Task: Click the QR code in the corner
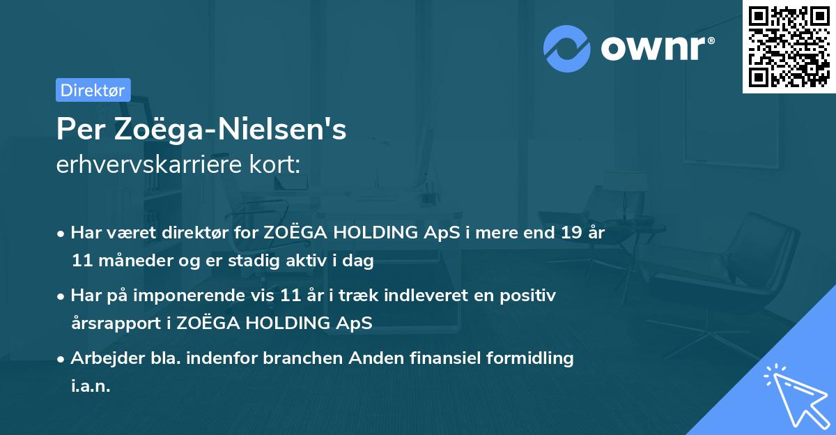pos(789,46)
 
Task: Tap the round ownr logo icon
pos(567,49)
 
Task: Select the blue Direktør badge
pos(93,90)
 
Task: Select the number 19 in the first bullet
pos(566,234)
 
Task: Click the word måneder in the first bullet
pos(130,261)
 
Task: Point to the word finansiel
pos(419,358)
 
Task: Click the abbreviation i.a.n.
pos(91,386)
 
